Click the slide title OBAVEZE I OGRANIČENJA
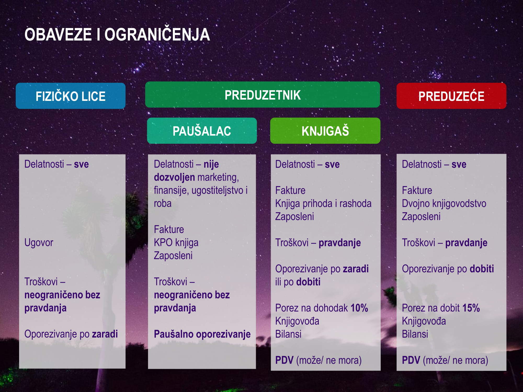117,34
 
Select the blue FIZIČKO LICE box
71,96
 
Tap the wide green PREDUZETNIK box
263,95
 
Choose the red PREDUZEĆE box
451,96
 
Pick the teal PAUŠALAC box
202,131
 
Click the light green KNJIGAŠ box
325,131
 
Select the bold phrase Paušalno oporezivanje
202,334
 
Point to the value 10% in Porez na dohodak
359,308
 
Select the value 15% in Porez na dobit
471,308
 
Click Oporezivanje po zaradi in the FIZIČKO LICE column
71,334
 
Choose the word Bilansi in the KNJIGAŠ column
288,334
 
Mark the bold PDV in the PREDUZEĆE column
411,360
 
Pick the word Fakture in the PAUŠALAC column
169,230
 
